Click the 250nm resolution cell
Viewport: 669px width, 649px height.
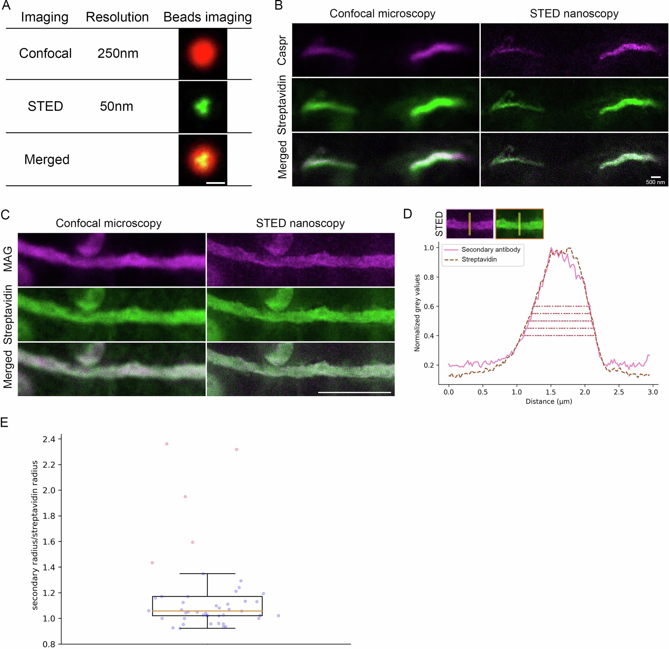click(x=118, y=53)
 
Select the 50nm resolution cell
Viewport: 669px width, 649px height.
click(x=117, y=106)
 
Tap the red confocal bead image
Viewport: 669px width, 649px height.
click(x=203, y=53)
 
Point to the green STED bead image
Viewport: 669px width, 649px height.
click(x=203, y=106)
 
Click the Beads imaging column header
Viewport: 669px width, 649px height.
click(x=207, y=17)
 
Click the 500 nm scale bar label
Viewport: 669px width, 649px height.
click(x=655, y=182)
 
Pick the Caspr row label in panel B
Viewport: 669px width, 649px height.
click(x=282, y=50)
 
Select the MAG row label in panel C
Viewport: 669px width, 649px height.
click(x=8, y=259)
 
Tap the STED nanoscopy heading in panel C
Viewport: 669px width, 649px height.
click(x=300, y=223)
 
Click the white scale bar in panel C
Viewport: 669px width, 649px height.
click(x=354, y=392)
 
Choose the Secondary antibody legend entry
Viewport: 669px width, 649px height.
click(x=490, y=250)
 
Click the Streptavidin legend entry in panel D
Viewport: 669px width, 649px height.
click(x=479, y=259)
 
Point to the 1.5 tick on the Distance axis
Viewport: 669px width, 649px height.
click(x=551, y=392)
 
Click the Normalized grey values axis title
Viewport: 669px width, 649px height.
click(x=417, y=313)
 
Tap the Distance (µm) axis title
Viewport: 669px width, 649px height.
click(x=548, y=401)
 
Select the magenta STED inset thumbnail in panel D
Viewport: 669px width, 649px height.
click(x=470, y=224)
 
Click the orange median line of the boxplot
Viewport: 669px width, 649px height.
click(x=207, y=611)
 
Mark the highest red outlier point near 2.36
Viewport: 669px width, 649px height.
click(x=167, y=444)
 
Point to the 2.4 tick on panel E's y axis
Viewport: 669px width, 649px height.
click(x=49, y=439)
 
